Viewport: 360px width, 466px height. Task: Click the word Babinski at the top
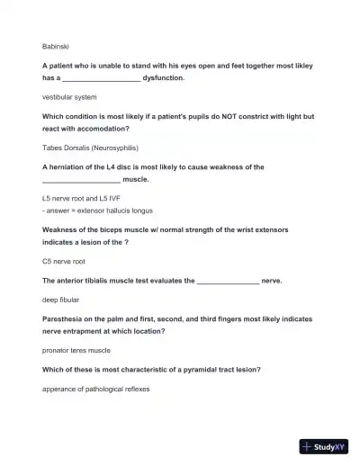56,44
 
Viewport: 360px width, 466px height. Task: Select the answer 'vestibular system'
69,96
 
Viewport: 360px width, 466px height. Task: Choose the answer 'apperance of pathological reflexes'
95,389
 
